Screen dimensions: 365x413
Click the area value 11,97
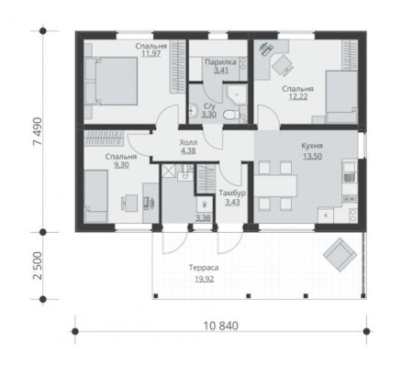(151, 54)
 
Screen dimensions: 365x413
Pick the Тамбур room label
(232, 193)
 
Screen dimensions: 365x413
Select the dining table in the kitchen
(275, 183)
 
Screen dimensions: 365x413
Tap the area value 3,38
(202, 217)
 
